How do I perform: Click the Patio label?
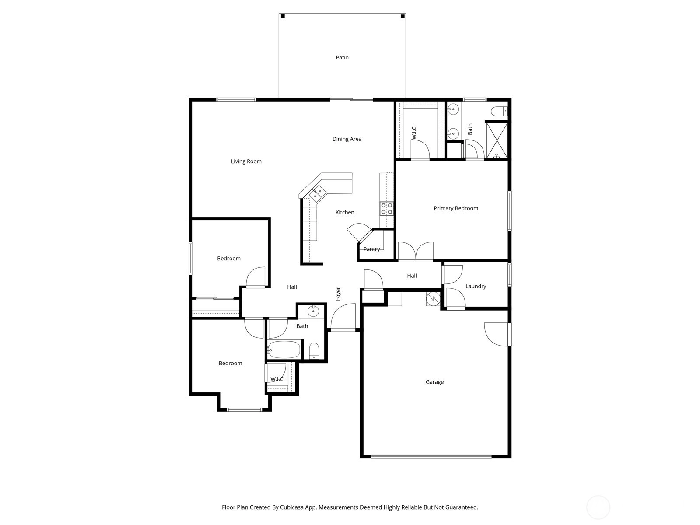click(342, 58)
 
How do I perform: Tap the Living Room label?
click(246, 161)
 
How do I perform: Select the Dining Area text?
click(346, 139)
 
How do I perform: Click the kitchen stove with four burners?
click(386, 209)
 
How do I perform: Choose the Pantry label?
click(371, 249)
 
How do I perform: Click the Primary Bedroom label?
click(456, 209)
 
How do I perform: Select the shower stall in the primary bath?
click(497, 140)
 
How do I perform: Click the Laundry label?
click(476, 286)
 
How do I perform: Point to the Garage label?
click(434, 382)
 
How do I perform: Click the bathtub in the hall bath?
click(284, 350)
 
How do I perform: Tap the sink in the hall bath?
click(313, 311)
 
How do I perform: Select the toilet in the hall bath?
click(314, 351)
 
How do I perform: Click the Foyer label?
click(338, 294)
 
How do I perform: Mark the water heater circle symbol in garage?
click(433, 299)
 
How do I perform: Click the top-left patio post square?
click(283, 16)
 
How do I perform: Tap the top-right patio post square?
click(403, 16)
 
